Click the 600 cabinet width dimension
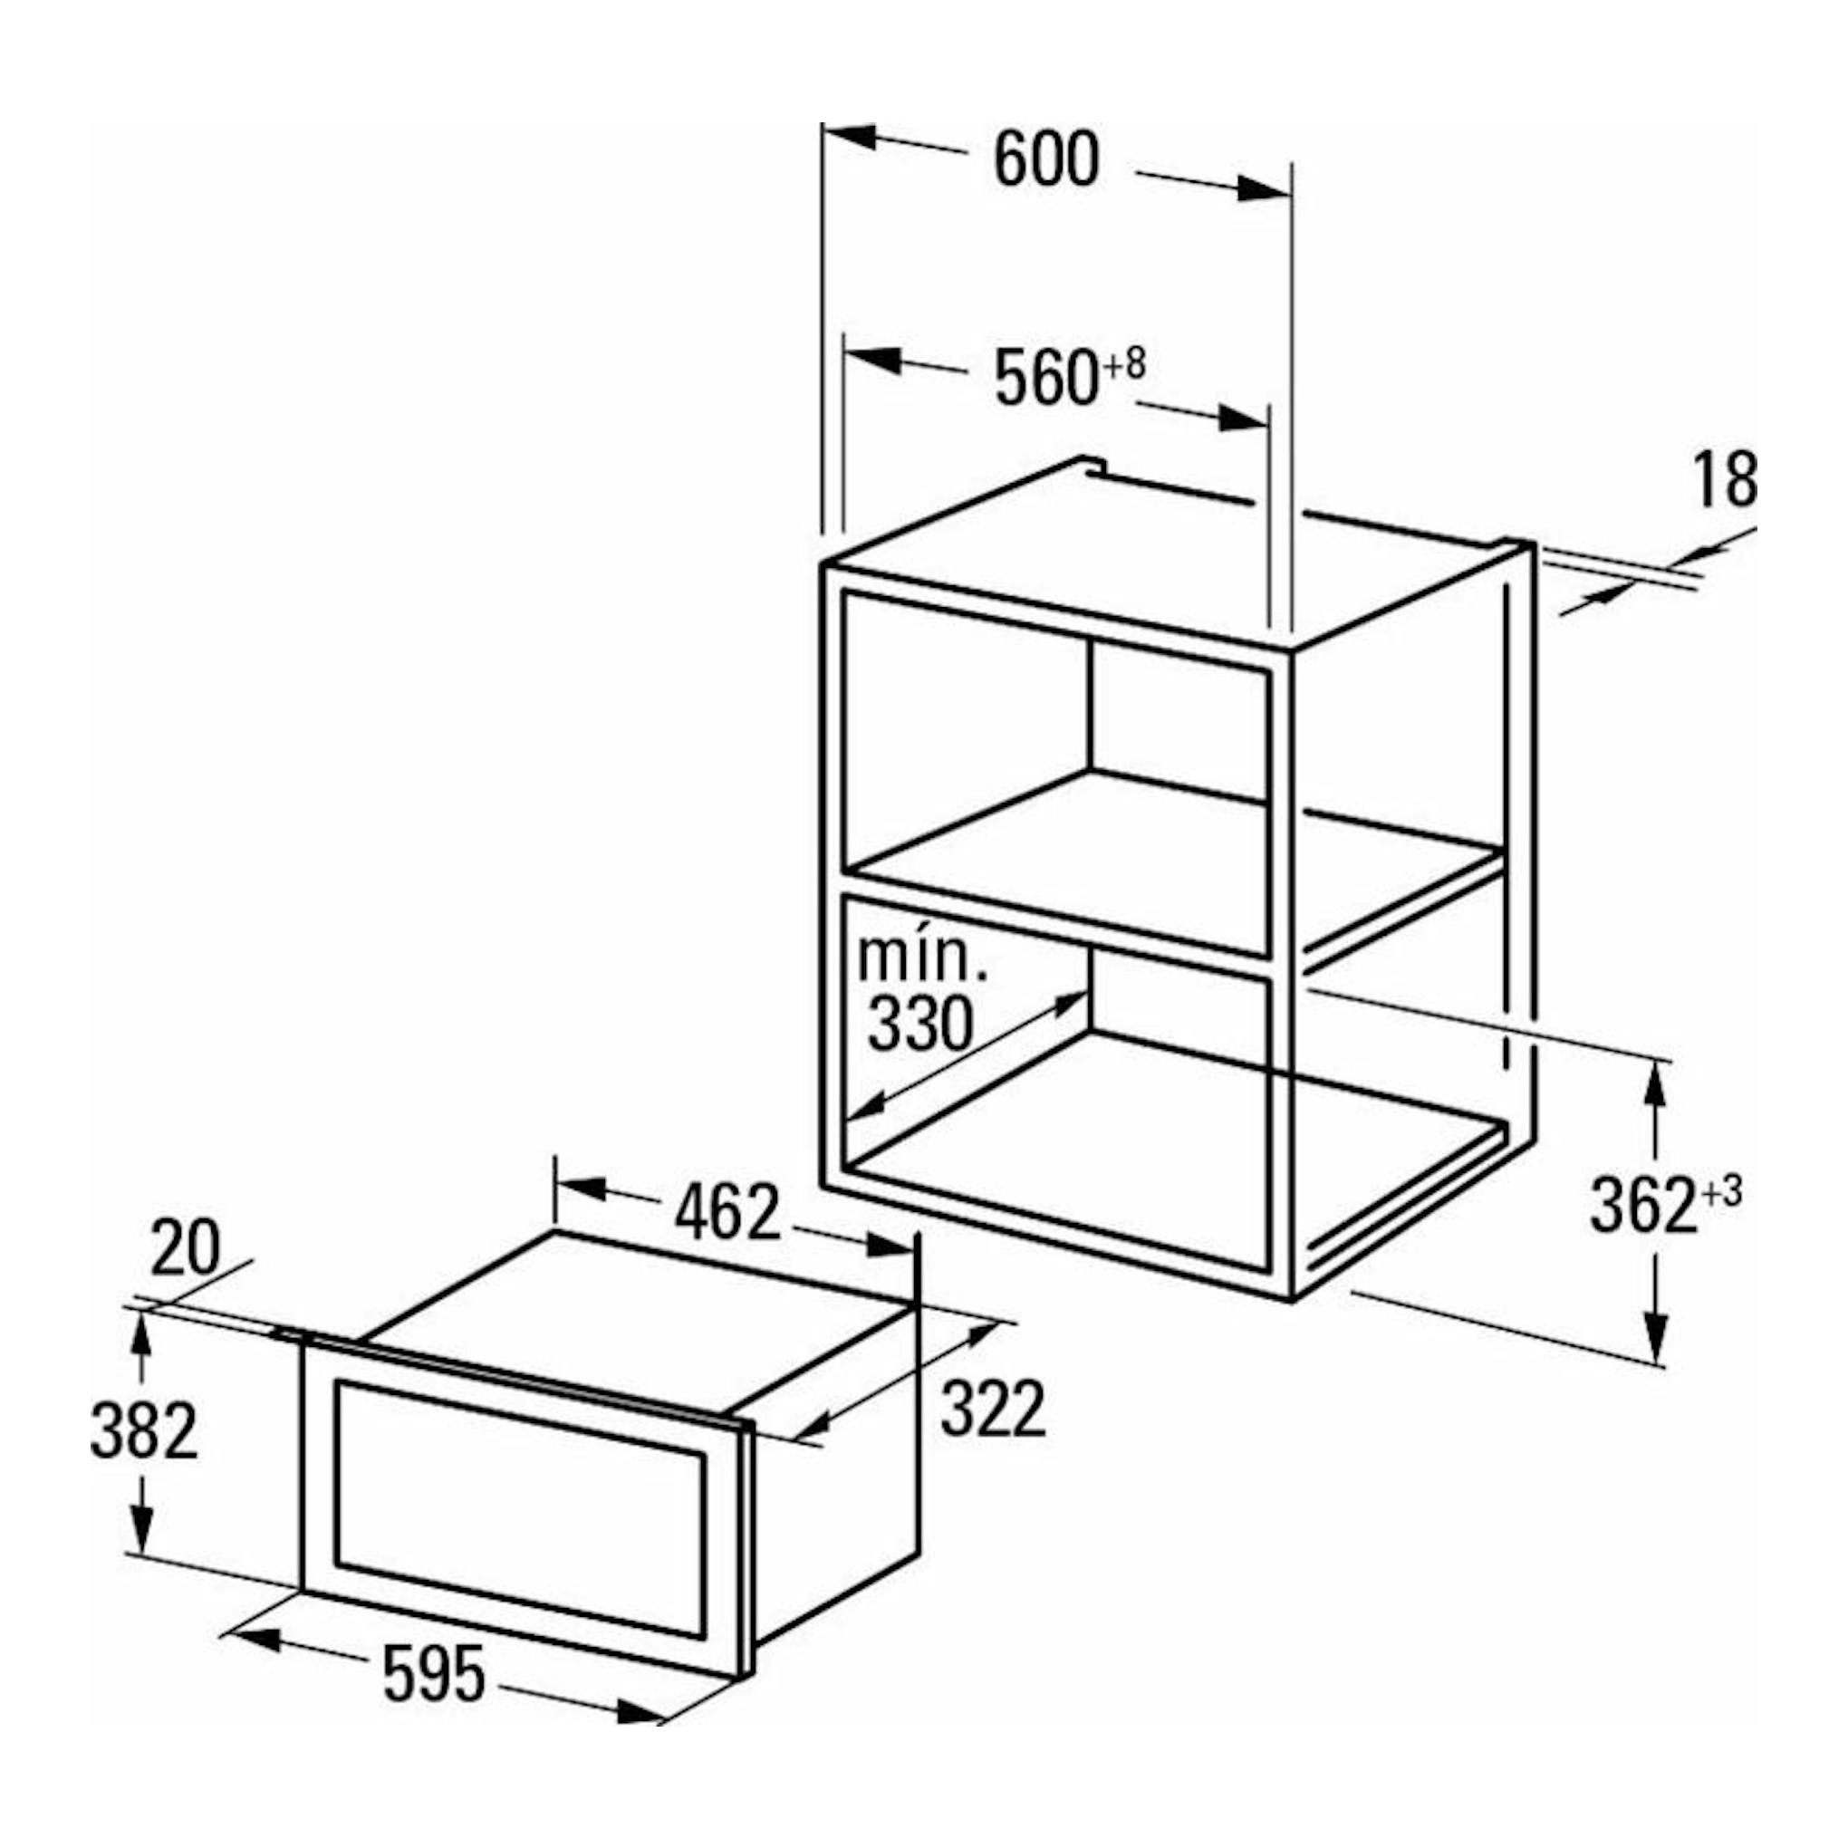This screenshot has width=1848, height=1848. (1046, 160)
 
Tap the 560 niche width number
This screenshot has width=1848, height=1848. (1045, 378)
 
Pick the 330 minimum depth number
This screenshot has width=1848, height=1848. (919, 1024)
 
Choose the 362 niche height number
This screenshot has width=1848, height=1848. (1643, 1205)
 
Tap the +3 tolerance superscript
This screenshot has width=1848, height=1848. (1718, 1192)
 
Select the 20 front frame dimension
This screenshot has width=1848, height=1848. (185, 1248)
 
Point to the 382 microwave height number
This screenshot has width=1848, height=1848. (144, 1430)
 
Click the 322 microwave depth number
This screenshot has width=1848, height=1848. (993, 1409)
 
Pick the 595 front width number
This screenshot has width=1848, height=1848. (434, 1674)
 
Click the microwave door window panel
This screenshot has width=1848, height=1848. (521, 1508)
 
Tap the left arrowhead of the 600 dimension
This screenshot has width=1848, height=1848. (846, 136)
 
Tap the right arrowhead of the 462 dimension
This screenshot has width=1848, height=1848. (890, 1245)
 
